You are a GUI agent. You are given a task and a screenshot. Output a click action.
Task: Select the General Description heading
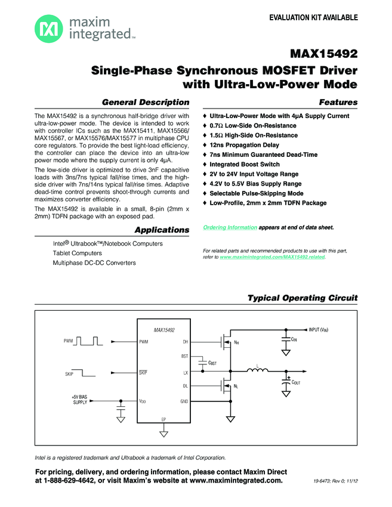(146, 102)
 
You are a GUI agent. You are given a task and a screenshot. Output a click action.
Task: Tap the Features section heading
(338, 102)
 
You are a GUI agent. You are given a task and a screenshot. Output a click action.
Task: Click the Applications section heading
(162, 230)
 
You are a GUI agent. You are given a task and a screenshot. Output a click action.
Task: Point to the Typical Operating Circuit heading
(303, 298)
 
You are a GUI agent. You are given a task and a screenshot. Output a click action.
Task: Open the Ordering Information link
(230, 228)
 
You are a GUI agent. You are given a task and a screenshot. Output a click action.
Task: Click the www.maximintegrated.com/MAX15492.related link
(273, 256)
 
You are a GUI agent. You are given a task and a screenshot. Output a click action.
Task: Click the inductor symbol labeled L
(257, 372)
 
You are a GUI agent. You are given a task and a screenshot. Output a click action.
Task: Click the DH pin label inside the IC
(185, 342)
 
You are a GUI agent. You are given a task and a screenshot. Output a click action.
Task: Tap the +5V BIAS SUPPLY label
(79, 399)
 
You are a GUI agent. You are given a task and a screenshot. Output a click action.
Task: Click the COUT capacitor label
(296, 382)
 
